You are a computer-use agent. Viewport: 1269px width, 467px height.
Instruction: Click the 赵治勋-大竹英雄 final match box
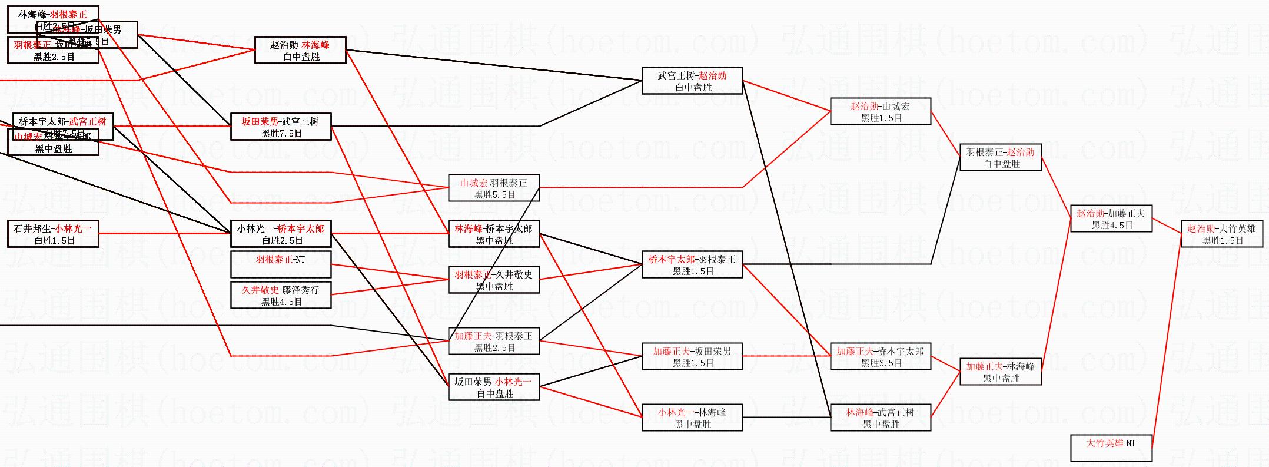tap(1221, 234)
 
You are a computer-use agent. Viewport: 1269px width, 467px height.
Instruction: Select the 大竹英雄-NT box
tap(1111, 448)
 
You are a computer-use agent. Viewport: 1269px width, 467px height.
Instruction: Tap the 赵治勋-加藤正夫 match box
tap(1111, 219)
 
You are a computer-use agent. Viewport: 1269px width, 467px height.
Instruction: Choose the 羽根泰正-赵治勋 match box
tap(1000, 158)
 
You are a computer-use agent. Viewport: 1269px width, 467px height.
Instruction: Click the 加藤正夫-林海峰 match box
tap(1000, 372)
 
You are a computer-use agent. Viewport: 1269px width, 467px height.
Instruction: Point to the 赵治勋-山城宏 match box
tap(880, 112)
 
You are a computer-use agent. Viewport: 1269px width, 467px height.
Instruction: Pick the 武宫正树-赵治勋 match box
tap(692, 81)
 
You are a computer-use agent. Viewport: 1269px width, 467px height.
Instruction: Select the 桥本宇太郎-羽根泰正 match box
tap(692, 265)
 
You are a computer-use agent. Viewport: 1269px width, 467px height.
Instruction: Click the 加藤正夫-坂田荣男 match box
tap(692, 357)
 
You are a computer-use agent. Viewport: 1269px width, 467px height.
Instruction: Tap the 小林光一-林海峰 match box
tap(692, 418)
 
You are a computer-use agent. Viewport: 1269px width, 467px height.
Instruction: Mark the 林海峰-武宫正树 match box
tap(880, 418)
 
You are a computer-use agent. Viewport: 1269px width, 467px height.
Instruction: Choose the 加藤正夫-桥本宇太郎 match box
tap(880, 357)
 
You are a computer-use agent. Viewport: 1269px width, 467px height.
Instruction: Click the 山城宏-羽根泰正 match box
tap(494, 188)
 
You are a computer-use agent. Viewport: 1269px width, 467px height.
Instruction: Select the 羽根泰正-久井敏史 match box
tap(494, 280)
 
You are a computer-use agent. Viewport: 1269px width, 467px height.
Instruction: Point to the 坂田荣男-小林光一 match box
tap(494, 387)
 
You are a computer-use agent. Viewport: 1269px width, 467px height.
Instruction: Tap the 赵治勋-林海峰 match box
tap(300, 51)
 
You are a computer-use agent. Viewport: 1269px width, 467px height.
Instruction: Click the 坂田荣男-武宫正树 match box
tap(281, 127)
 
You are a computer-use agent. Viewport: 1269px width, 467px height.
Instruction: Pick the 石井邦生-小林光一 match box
tap(53, 234)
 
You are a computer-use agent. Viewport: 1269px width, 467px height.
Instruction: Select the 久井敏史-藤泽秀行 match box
tap(281, 296)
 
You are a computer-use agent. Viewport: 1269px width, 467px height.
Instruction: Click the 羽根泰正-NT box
tap(281, 265)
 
